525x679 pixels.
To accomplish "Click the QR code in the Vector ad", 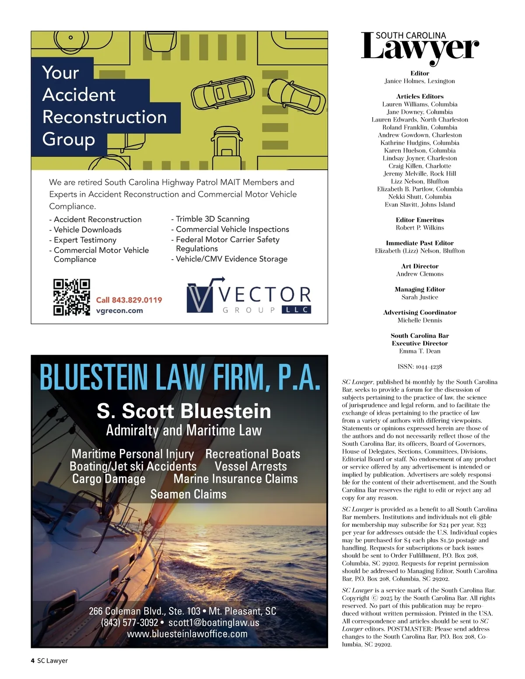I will pyautogui.click(x=72, y=297).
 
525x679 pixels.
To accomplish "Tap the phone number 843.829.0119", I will pyautogui.click(x=129, y=300).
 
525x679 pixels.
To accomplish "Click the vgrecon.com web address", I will pyautogui.click(x=119, y=311).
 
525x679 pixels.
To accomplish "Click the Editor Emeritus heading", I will pyautogui.click(x=420, y=220).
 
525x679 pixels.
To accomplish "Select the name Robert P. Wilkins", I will pyautogui.click(x=420, y=228).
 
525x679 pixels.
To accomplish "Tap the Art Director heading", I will pyautogui.click(x=420, y=266).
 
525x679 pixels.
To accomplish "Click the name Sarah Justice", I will pyautogui.click(x=420, y=297).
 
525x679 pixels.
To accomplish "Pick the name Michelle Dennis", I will pyautogui.click(x=420, y=320).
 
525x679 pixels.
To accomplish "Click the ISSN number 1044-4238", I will pyautogui.click(x=428, y=367).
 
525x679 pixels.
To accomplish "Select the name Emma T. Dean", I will pyautogui.click(x=420, y=351).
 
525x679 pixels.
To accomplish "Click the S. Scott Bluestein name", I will pyautogui.click(x=184, y=411).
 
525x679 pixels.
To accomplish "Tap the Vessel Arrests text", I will pyautogui.click(x=251, y=467).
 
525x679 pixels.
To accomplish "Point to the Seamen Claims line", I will pyautogui.click(x=188, y=494).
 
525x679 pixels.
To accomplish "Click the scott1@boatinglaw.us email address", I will pyautogui.click(x=213, y=623).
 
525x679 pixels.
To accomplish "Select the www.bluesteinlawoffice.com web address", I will pyautogui.click(x=187, y=634).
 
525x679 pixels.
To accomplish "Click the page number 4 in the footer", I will pyautogui.click(x=33, y=661).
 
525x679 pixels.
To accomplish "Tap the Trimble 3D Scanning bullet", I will pyautogui.click(x=212, y=219).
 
